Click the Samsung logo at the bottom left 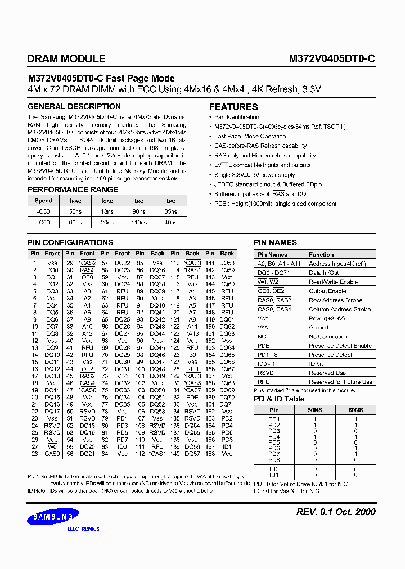coord(54,516)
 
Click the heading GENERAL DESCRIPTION coord(74,106)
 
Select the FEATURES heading coord(233,107)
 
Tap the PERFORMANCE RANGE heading coord(73,190)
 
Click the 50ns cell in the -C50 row coord(75,211)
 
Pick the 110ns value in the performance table coord(138,223)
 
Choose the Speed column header coord(43,201)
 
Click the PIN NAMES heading coord(275,242)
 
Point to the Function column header coord(321,255)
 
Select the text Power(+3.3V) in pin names coord(326,318)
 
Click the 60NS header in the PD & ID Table coord(355,410)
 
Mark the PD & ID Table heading coord(279,399)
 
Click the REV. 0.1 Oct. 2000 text coord(335,512)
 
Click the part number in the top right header coord(332,58)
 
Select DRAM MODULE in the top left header coord(66,58)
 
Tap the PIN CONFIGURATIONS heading coord(70,242)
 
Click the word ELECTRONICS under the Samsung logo coord(83,529)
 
